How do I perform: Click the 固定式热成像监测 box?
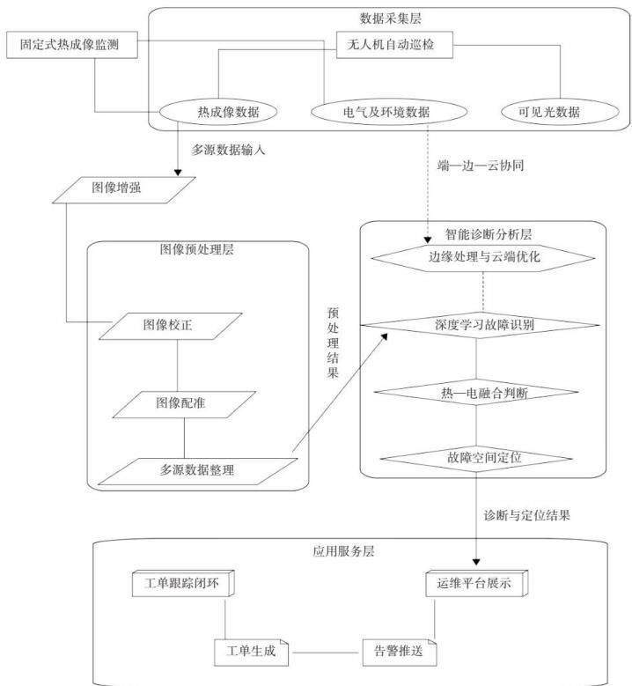(x=71, y=45)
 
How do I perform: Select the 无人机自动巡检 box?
(x=394, y=45)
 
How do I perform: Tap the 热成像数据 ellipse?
(x=218, y=112)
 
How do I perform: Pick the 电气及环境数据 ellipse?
(x=389, y=112)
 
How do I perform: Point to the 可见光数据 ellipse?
(x=560, y=112)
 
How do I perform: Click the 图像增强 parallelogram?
(x=124, y=190)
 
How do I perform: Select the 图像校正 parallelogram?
(x=170, y=327)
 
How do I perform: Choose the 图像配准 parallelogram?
(x=184, y=405)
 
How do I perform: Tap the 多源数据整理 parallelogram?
(x=198, y=472)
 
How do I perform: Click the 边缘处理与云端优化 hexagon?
(x=483, y=258)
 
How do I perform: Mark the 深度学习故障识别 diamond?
(x=480, y=326)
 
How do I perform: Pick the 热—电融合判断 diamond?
(x=476, y=392)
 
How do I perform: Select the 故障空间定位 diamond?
(x=476, y=459)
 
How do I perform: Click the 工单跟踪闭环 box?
(x=183, y=584)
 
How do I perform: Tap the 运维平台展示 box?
(x=477, y=584)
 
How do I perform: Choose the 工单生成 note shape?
(x=252, y=653)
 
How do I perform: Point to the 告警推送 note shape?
(x=400, y=653)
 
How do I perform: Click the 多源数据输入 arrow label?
(x=228, y=150)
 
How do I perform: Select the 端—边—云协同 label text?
(x=481, y=166)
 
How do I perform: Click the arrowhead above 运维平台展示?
(x=476, y=562)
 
